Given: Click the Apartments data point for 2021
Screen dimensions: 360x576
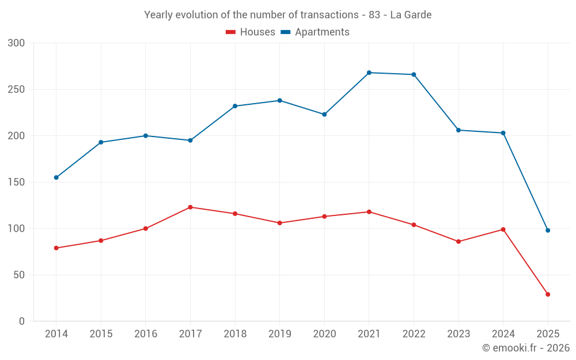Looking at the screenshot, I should coord(369,73).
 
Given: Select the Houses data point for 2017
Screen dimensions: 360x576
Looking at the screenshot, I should coord(190,207).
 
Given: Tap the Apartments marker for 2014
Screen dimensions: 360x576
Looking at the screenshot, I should coord(56,177).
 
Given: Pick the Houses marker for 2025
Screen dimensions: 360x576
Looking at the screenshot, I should coord(548,294).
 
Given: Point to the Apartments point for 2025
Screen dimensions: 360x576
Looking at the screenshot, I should coord(548,230).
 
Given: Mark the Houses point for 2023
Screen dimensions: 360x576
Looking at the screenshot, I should coord(458,241).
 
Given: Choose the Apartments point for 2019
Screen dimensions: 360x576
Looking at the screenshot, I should coord(280,100).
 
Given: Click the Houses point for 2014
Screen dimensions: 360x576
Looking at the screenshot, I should coord(56,248).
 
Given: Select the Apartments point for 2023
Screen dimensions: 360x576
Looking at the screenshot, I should coord(458,130).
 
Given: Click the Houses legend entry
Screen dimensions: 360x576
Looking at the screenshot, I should coord(251,32).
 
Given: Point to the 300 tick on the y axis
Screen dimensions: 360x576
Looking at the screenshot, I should coord(17,43).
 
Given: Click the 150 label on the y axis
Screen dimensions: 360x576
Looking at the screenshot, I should coord(17,182).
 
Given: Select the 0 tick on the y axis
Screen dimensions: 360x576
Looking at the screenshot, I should coord(22,321).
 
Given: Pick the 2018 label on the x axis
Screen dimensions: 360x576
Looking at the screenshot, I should coord(235,334).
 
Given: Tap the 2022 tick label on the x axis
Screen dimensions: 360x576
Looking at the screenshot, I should coord(414,334).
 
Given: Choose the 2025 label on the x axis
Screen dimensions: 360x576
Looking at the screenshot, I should coord(548,334).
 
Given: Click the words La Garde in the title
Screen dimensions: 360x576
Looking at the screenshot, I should coord(411,15).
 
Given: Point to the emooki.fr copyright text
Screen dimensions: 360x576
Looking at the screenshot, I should coord(526,348).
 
